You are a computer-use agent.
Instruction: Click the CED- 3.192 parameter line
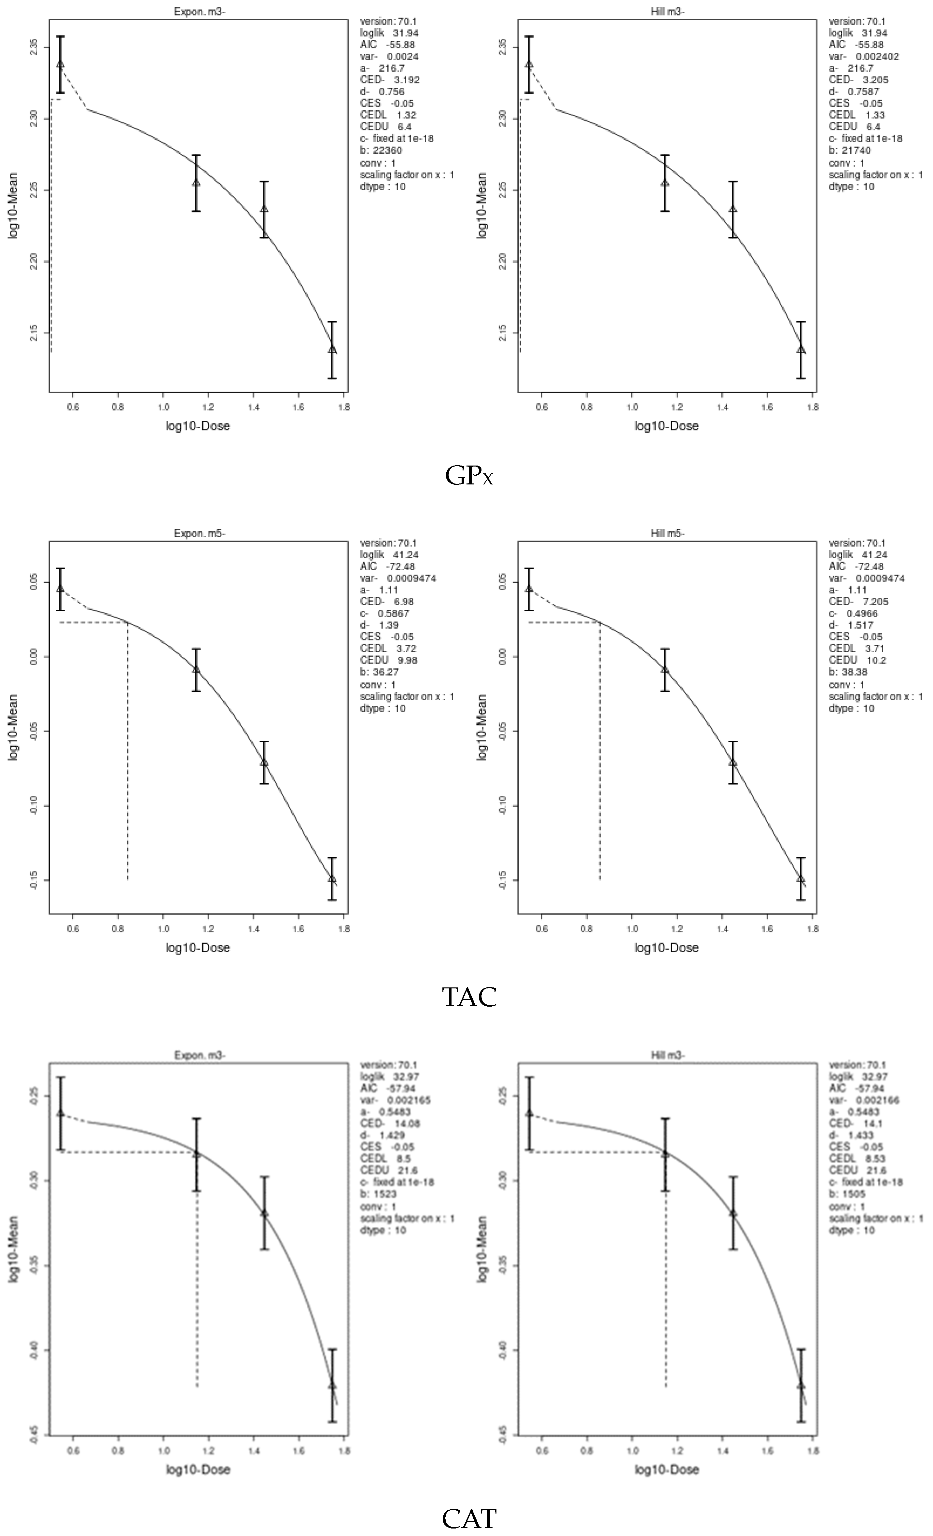(390, 80)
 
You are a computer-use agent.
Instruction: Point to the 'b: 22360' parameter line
(381, 150)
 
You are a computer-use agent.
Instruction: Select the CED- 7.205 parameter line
(858, 602)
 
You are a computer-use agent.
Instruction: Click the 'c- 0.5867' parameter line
(384, 613)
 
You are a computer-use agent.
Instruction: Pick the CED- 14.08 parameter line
(390, 1123)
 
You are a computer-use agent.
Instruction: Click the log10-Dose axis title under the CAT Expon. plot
(198, 1469)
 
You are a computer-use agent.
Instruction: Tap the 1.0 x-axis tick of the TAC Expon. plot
(163, 928)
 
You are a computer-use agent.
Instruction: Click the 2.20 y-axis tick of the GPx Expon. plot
(34, 261)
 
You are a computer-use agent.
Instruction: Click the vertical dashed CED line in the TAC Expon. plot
(128, 748)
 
